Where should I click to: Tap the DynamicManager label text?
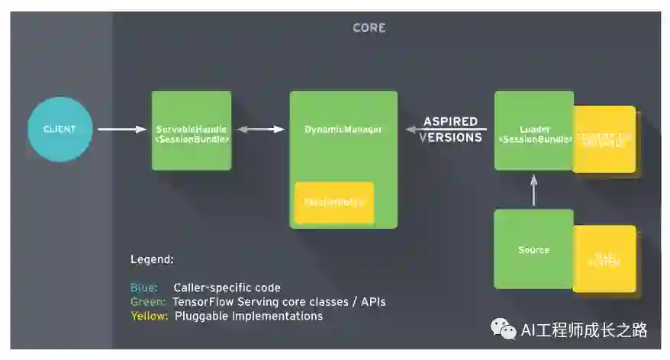click(343, 130)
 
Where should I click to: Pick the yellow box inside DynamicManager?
click(334, 202)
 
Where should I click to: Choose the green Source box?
click(533, 249)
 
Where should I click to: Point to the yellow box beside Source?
click(605, 259)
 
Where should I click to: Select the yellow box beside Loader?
click(605, 140)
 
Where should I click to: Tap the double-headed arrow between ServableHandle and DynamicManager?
click(260, 130)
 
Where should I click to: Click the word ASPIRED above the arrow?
click(451, 121)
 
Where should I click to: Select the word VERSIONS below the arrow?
click(451, 138)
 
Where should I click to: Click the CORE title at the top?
click(369, 28)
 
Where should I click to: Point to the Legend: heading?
click(152, 259)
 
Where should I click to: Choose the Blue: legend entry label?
click(144, 288)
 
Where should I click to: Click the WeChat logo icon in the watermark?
click(503, 329)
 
